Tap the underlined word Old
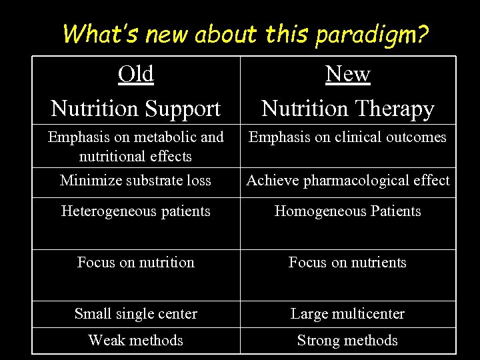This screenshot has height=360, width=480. coord(136,74)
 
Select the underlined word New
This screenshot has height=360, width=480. coord(347,74)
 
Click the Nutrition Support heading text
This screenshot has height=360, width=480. coord(136,108)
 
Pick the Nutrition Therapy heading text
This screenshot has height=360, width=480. coord(347,108)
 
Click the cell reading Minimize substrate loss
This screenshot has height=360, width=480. coord(135,180)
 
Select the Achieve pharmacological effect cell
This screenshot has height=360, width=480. coord(348,180)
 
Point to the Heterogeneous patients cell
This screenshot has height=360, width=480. coord(135,211)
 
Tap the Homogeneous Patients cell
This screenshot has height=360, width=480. coord(348,211)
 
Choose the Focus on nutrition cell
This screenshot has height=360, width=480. coord(135,263)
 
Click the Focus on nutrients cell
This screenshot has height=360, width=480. coord(347,263)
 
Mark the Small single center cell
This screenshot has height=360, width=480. coord(135,314)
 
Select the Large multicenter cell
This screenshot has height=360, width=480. coord(347,314)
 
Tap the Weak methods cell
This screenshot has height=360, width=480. coord(135,341)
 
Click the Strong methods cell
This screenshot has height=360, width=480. coord(347,341)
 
